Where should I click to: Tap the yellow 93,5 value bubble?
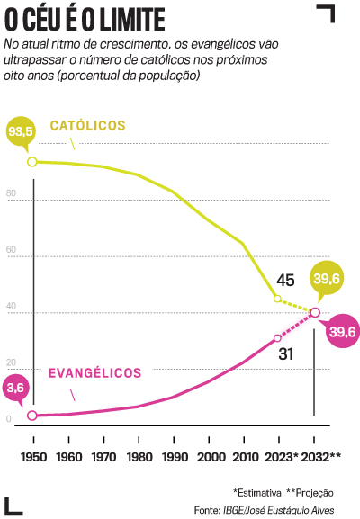coord(20,133)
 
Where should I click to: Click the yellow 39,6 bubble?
coord(326,279)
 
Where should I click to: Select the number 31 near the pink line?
coord(286,353)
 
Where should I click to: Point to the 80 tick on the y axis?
coord(11,194)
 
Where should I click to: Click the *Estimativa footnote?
coord(257,492)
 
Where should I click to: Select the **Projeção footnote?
coord(310,492)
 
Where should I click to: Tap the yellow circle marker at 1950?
coord(33,162)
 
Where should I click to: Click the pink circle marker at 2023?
coord(278,338)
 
